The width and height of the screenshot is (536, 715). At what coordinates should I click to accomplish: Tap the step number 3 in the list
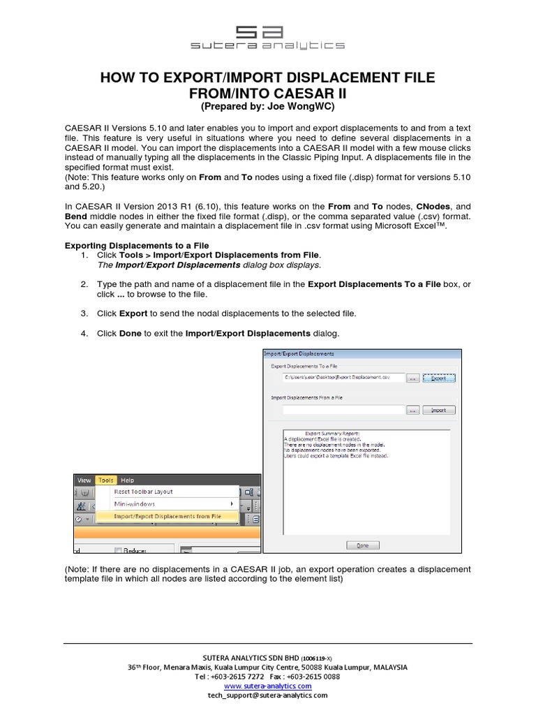click(84, 314)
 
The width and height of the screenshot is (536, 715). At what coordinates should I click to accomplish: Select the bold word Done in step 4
click(130, 333)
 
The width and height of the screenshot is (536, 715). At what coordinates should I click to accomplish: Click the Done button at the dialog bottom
click(363, 545)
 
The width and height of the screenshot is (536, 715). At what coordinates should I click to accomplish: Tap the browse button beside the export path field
click(412, 378)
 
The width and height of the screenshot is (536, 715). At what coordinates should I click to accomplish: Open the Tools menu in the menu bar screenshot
click(106, 480)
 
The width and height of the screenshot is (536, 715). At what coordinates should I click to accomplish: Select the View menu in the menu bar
click(84, 480)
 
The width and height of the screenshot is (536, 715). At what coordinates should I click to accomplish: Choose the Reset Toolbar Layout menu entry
click(144, 492)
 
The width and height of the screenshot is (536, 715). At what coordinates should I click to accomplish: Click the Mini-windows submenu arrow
click(232, 503)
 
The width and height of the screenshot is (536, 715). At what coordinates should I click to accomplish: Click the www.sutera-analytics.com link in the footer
click(267, 686)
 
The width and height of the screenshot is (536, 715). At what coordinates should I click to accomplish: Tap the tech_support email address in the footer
click(267, 695)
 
